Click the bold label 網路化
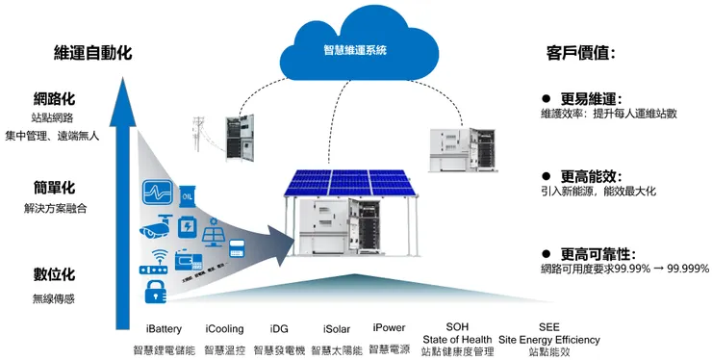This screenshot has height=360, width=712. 54,99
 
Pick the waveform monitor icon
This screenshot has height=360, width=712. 158,192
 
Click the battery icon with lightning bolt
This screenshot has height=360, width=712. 189,227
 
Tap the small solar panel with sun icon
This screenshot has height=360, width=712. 214,237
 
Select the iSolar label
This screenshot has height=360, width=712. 336,327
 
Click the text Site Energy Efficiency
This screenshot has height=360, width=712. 548,339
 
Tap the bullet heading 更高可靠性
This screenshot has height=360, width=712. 596,253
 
